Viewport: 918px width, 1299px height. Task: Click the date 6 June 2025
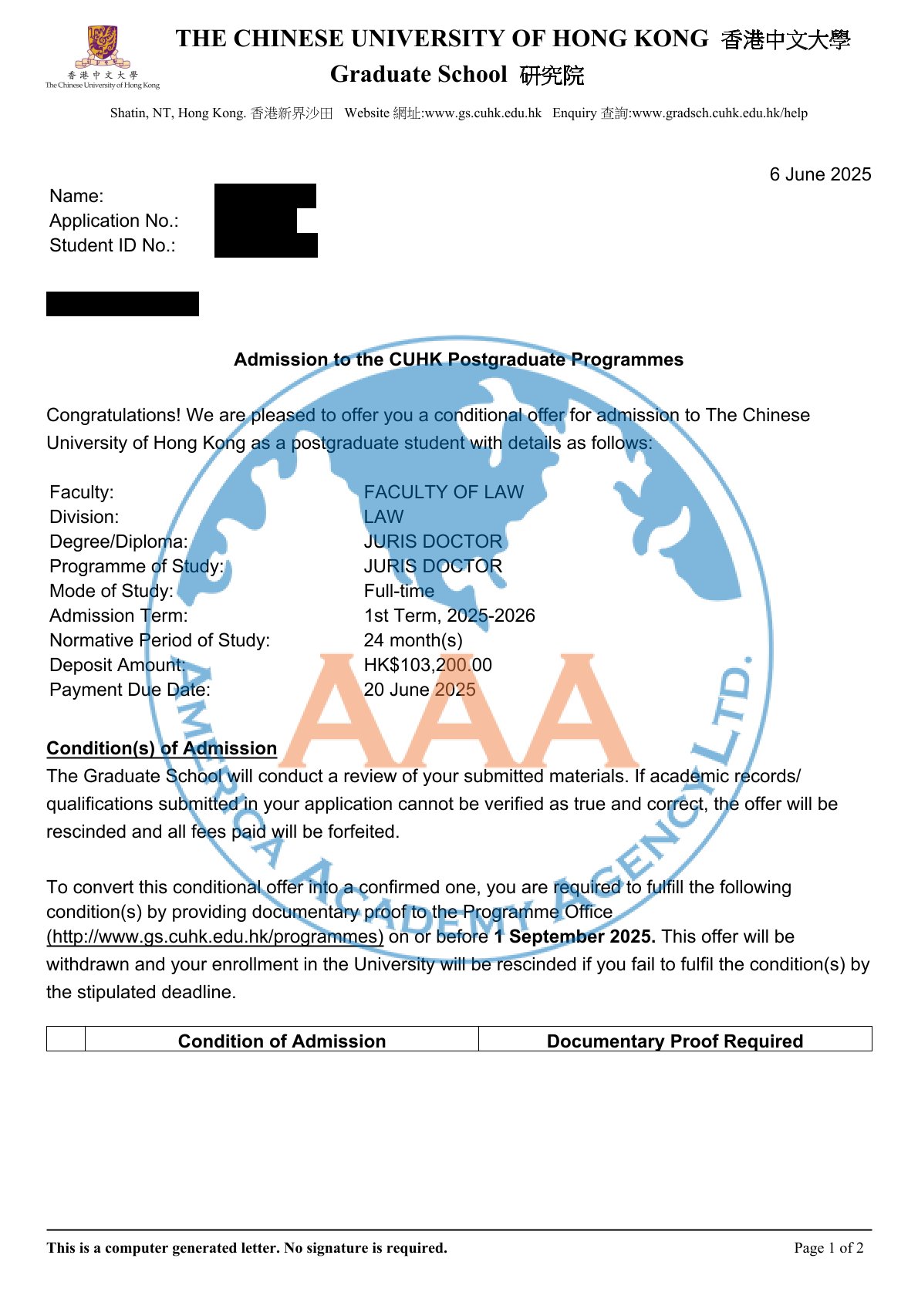click(819, 174)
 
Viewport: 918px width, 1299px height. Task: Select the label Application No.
click(113, 221)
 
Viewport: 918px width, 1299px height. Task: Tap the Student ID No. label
click(112, 245)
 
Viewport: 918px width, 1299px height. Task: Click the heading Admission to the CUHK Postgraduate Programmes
click(458, 359)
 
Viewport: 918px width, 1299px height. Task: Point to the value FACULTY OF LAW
click(444, 492)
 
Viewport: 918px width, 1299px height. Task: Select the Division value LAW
click(383, 517)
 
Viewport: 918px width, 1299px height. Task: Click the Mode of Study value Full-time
click(399, 591)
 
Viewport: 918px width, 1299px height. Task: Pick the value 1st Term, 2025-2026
click(449, 616)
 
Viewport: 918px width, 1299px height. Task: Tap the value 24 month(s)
click(413, 640)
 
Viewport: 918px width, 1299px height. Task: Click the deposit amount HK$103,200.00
click(427, 665)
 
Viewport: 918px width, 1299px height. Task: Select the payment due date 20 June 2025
click(420, 690)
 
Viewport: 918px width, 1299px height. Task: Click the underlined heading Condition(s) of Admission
click(161, 748)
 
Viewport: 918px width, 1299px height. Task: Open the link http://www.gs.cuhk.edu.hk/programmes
click(214, 936)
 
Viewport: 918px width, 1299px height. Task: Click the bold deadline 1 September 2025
click(575, 936)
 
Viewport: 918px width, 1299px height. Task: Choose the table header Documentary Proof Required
click(674, 1041)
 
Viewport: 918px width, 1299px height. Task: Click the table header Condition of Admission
click(282, 1041)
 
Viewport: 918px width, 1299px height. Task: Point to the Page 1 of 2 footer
click(829, 1247)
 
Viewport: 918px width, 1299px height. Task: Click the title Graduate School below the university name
click(419, 74)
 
